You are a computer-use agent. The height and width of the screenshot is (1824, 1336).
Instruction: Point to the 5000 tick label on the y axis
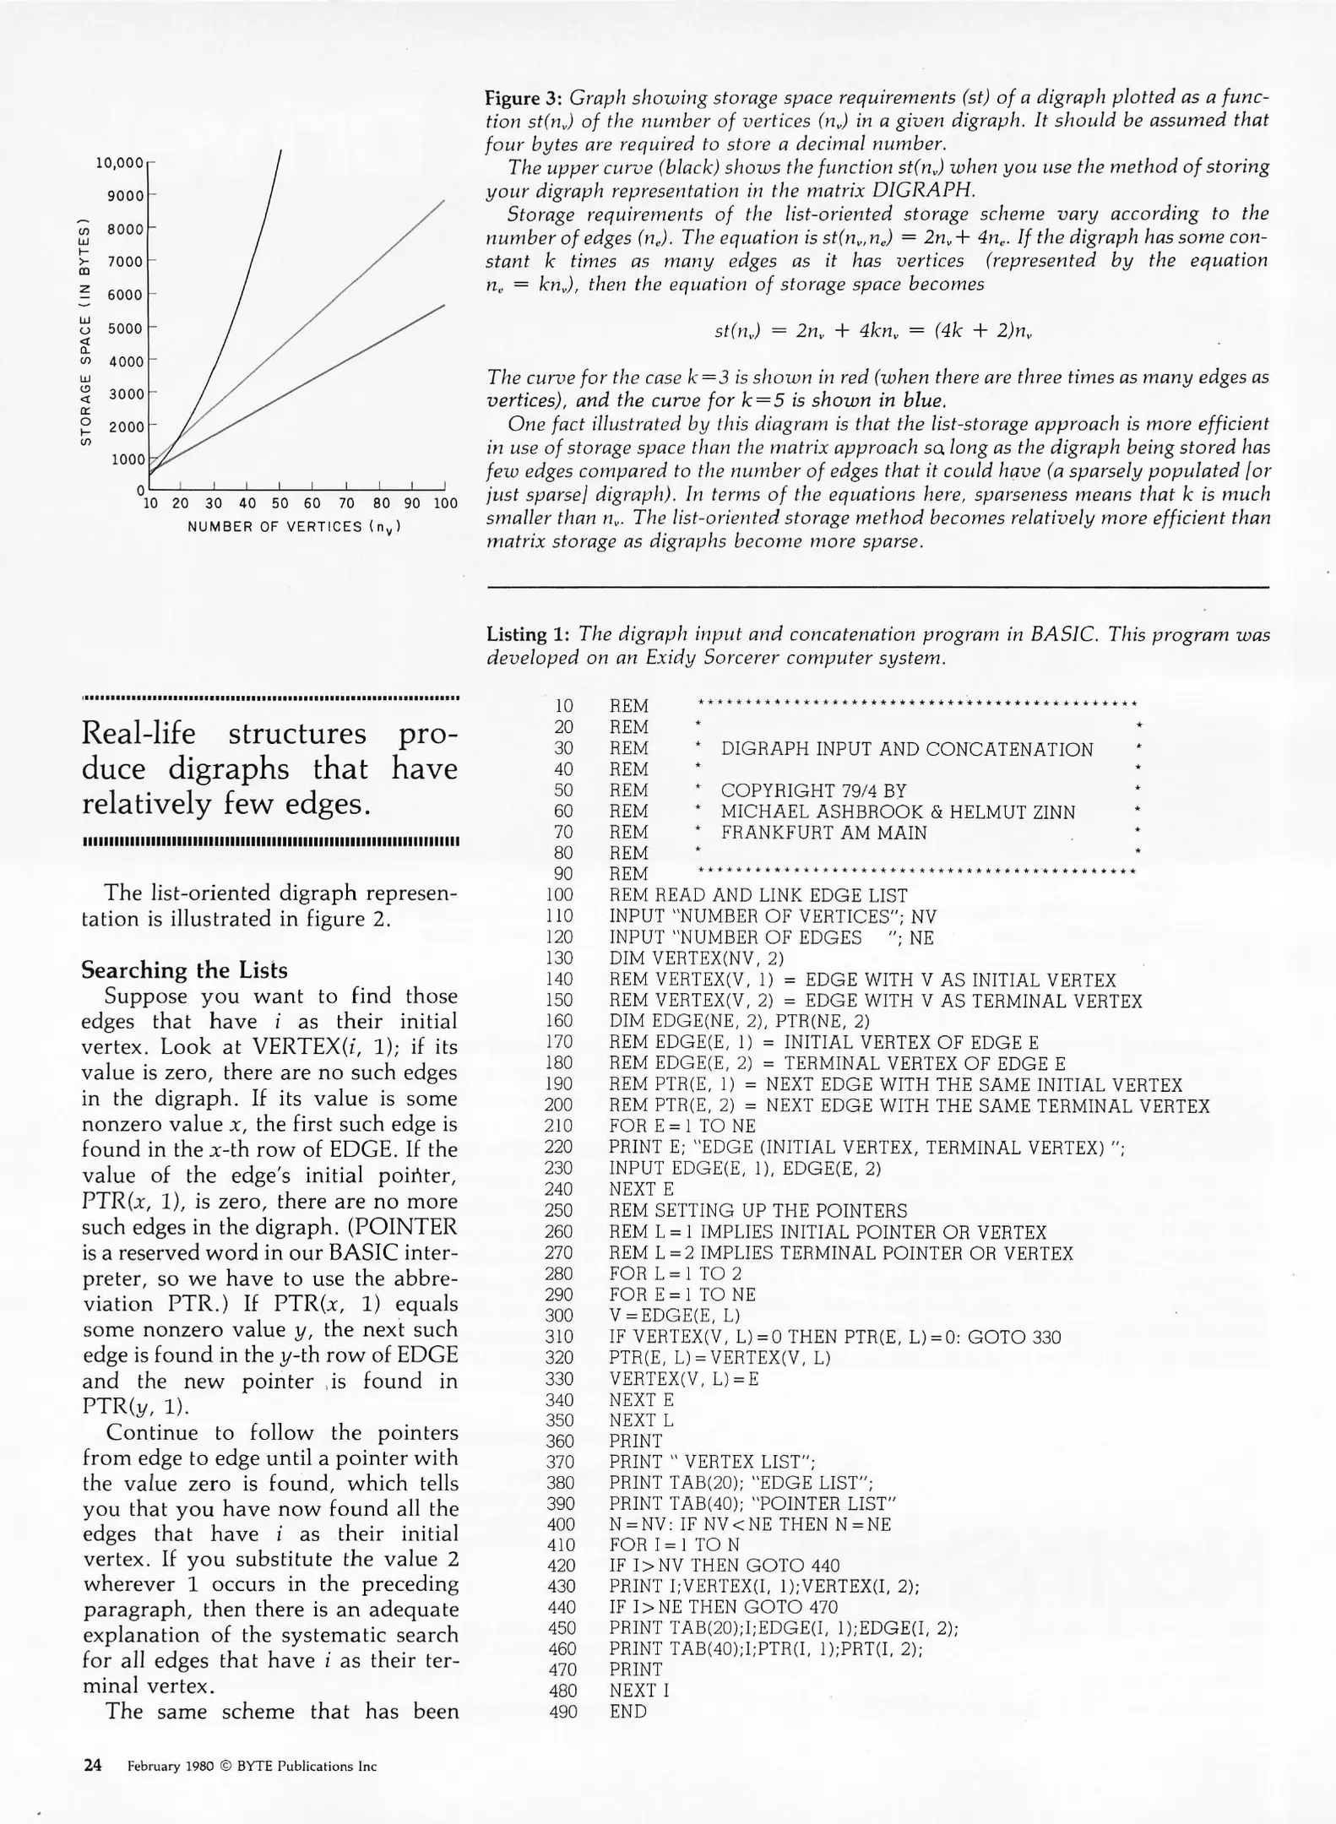(x=125, y=328)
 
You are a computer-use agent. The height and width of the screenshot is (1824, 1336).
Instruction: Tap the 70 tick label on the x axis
(x=346, y=504)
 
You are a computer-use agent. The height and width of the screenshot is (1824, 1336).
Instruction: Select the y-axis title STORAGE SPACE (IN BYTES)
(x=85, y=331)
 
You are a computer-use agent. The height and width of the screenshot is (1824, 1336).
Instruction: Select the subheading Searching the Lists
(x=184, y=970)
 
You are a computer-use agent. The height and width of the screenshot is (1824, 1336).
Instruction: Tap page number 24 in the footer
(x=93, y=1765)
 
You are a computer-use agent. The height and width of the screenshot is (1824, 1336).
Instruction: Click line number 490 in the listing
(x=563, y=1711)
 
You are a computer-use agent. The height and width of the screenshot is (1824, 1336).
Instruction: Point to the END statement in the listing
(x=627, y=1711)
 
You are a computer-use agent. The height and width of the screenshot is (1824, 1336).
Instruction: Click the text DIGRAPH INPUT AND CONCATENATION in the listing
(x=906, y=749)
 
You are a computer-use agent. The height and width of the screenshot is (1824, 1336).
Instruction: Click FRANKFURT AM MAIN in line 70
(x=823, y=833)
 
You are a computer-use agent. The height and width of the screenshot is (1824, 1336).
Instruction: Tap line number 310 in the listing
(x=563, y=1337)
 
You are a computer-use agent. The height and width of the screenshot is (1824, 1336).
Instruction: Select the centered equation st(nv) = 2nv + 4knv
(x=874, y=331)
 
